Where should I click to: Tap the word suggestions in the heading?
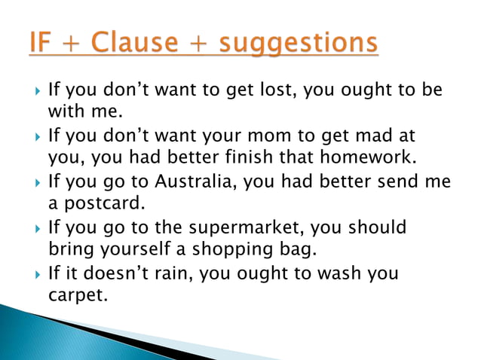[x=299, y=44]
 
